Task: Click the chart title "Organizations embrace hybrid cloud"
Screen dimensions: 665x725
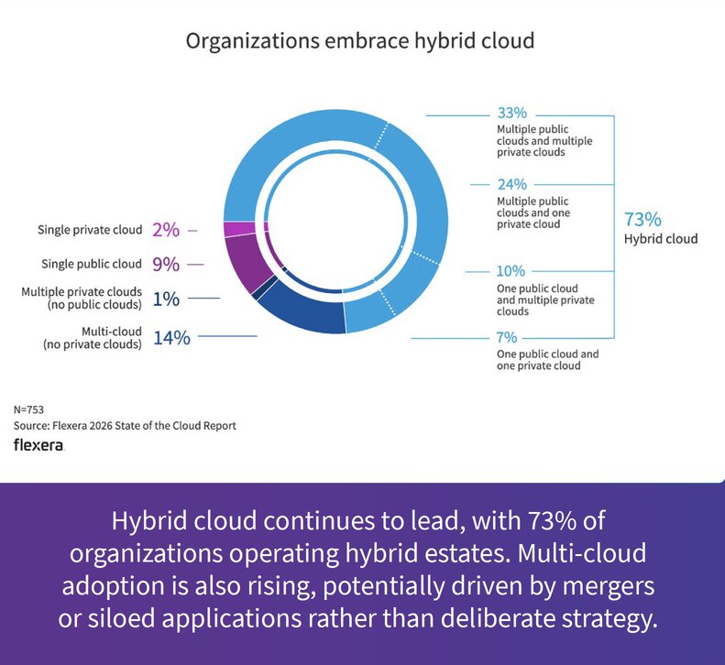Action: tap(360, 41)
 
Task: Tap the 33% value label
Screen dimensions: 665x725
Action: tap(511, 114)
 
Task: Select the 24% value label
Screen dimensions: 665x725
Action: tap(511, 184)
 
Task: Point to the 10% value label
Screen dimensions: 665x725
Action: tap(511, 271)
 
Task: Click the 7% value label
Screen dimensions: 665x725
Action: tap(508, 338)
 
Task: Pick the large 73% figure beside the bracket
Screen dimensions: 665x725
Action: tap(642, 220)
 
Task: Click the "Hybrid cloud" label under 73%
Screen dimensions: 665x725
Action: tap(660, 240)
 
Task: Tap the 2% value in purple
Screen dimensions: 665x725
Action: tap(166, 230)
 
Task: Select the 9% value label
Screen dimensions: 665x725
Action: tap(166, 265)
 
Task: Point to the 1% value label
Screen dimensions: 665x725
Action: tap(166, 299)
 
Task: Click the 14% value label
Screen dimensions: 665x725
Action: tap(171, 338)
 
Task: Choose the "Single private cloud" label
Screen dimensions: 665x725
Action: tap(90, 230)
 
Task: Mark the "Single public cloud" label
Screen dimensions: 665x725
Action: tap(92, 265)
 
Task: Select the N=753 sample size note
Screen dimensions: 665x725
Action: tap(29, 409)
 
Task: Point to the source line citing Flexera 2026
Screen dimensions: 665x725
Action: tap(125, 426)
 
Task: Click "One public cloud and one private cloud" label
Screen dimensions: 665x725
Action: tap(547, 360)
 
